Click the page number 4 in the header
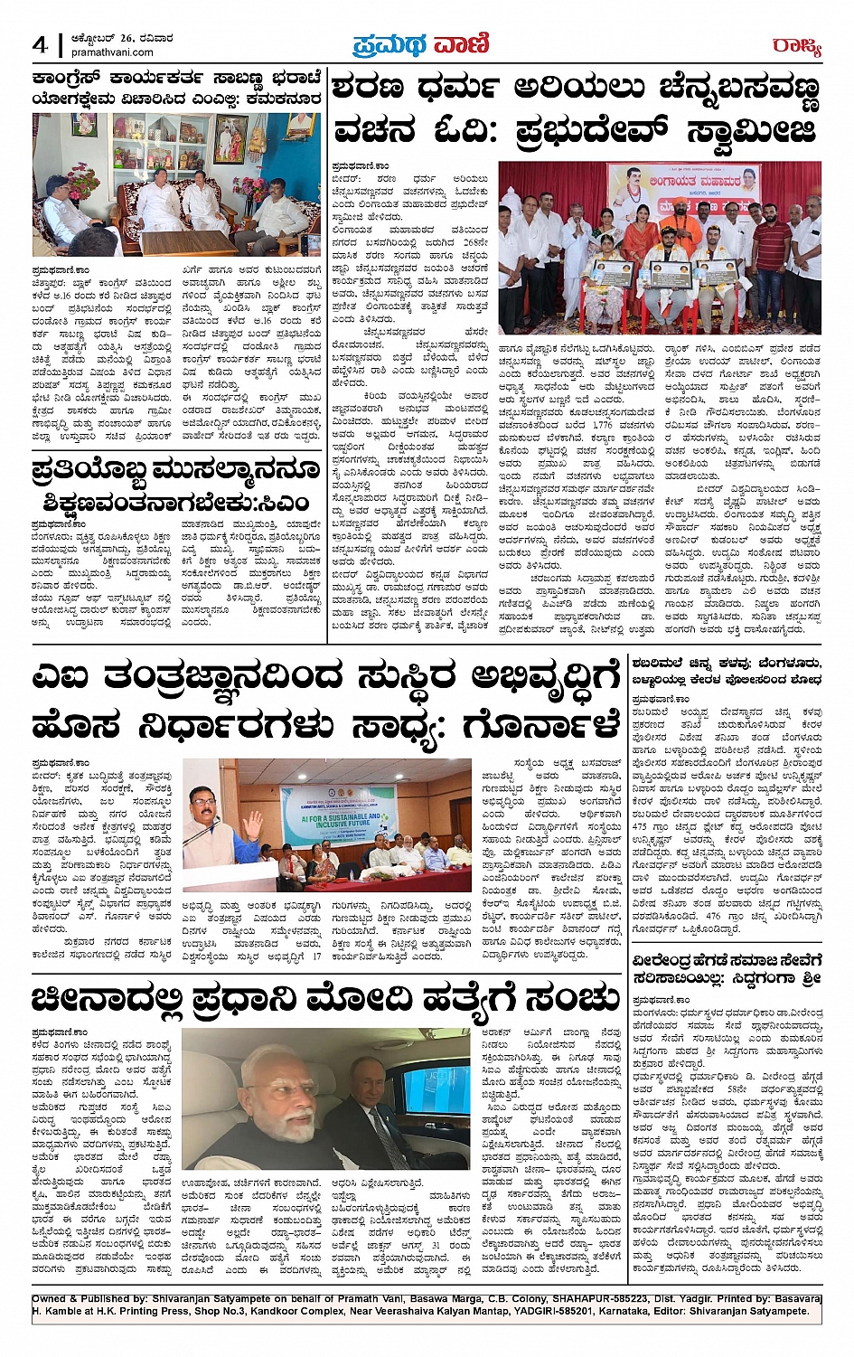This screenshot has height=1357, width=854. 40,44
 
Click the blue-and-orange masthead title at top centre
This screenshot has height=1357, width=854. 421,44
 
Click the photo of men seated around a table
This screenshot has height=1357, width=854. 176,184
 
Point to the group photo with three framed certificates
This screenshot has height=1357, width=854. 660,249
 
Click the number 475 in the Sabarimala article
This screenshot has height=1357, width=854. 643,826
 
